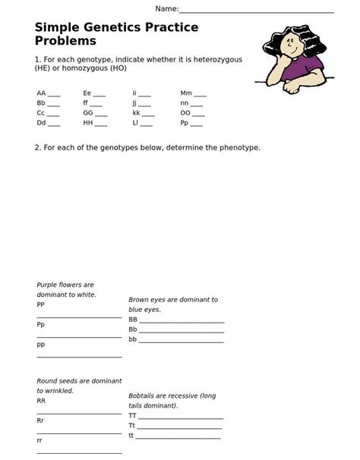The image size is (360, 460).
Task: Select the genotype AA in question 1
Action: click(41, 93)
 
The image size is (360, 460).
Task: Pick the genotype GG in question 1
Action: click(88, 112)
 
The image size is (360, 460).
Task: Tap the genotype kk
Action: click(136, 112)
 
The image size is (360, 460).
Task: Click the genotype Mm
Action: click(186, 93)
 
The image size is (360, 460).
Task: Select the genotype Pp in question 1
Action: click(185, 122)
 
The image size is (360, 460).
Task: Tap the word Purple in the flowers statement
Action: click(48, 285)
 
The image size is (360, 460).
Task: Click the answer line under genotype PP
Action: click(79, 317)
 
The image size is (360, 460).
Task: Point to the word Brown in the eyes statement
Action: click(140, 300)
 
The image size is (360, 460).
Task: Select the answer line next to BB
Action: click(182, 322)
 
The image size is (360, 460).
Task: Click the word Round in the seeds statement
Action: click(48, 381)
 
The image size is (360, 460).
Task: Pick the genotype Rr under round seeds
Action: click(40, 420)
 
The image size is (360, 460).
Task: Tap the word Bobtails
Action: click(144, 396)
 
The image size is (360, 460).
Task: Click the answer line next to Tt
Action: click(180, 427)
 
